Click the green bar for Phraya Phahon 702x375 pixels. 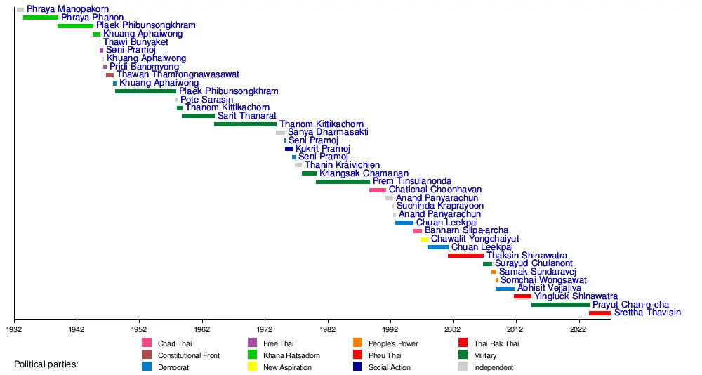click(x=40, y=18)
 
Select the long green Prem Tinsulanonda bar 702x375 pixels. click(x=343, y=182)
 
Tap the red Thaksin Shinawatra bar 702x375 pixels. click(x=465, y=256)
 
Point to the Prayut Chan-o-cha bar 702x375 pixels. click(x=560, y=305)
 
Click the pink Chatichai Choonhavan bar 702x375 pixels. click(x=377, y=190)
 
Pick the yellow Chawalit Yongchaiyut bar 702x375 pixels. click(x=424, y=239)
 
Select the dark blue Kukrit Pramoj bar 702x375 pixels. click(x=289, y=149)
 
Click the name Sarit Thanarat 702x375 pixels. click(x=246, y=116)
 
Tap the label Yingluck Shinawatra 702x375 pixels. click(x=576, y=296)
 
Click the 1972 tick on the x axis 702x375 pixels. click(x=265, y=329)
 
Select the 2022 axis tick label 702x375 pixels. click(x=578, y=329)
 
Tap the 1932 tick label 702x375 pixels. click(x=14, y=329)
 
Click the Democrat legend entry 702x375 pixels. click(x=173, y=367)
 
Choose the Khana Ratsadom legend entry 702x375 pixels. click(x=291, y=356)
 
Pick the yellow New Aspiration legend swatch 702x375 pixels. click(x=252, y=367)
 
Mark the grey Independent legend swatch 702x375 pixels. click(x=463, y=367)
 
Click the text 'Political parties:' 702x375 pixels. click(x=46, y=365)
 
